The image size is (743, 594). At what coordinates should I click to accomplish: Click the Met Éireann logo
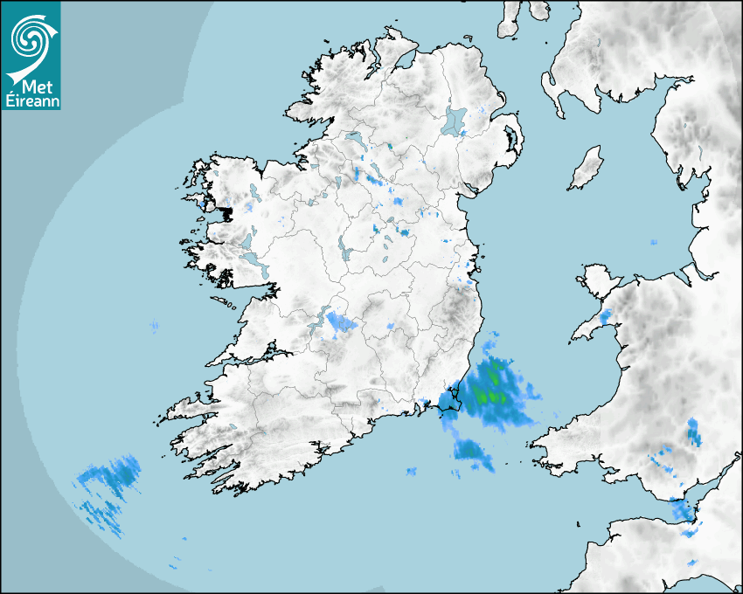tap(31, 55)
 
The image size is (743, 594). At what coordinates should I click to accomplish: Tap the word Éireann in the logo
tap(31, 100)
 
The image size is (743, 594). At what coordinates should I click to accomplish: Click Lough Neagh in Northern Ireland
tap(455, 121)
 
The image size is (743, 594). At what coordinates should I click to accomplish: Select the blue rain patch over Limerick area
tap(339, 324)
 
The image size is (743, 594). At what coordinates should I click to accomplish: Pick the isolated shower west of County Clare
tap(155, 327)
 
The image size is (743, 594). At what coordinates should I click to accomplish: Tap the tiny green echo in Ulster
tap(392, 145)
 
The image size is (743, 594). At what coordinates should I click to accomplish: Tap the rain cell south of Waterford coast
tap(471, 451)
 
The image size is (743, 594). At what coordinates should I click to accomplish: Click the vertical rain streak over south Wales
tap(693, 432)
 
